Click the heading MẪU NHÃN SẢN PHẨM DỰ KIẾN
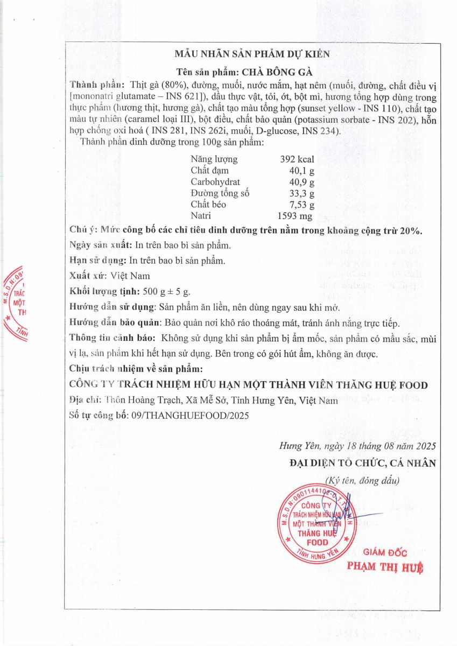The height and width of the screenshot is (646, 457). click(252, 54)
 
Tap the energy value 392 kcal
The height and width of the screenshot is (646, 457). click(297, 159)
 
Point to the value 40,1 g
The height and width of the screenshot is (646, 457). click(301, 171)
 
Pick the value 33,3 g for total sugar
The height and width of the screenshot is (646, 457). click(301, 193)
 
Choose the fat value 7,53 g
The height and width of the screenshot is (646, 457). click(301, 205)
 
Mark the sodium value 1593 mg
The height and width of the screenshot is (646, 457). click(296, 216)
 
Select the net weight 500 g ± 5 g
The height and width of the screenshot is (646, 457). click(167, 291)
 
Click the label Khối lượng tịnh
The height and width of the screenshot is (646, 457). click(102, 291)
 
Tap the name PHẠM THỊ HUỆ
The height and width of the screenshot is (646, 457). click(385, 566)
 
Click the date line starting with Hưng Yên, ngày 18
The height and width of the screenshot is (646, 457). click(357, 446)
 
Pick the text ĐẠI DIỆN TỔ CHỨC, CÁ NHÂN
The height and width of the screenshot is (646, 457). click(362, 463)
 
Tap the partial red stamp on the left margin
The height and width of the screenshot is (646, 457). click(16, 301)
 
